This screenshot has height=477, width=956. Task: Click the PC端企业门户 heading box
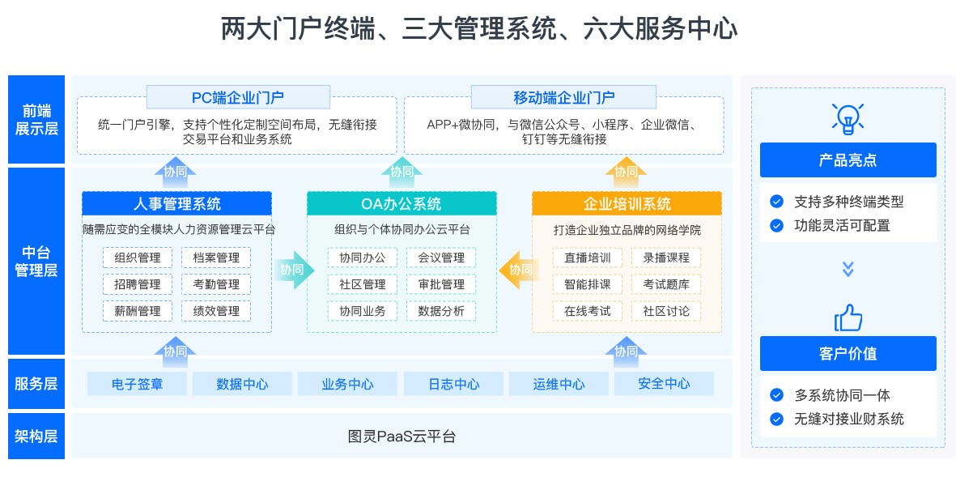[x=238, y=97]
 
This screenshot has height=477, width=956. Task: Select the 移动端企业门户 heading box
[x=563, y=97]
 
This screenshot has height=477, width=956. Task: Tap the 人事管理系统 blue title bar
[x=176, y=203]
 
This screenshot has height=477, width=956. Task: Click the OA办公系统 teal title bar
[x=402, y=203]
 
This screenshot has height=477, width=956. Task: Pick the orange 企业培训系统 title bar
[x=627, y=203]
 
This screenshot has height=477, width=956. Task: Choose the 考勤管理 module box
[x=216, y=284]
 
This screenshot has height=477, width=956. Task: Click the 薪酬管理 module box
[x=138, y=310]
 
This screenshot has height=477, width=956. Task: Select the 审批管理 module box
[x=441, y=284]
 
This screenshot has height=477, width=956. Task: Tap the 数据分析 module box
[x=441, y=310]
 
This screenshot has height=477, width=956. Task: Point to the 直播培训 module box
[x=588, y=258]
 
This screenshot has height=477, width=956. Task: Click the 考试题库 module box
[x=666, y=284]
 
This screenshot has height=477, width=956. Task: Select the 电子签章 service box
[x=137, y=384]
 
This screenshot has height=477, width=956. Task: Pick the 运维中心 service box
[x=559, y=384]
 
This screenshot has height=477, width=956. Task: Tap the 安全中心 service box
[x=664, y=384]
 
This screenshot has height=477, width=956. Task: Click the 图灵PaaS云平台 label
[x=402, y=437]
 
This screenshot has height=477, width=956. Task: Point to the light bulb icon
[x=848, y=118]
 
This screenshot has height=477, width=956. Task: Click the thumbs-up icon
[x=848, y=317]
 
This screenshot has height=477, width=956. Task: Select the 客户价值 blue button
[x=848, y=354]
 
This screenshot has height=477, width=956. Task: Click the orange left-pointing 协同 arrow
[x=519, y=270]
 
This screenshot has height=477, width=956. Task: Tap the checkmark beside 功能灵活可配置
[x=776, y=225]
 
